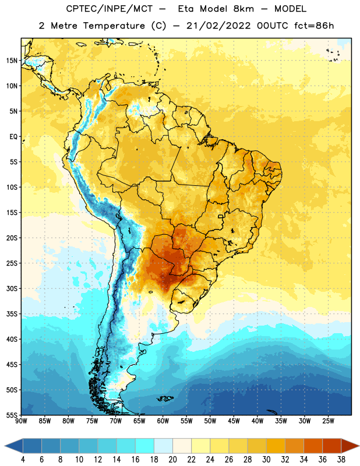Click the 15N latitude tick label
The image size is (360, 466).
click(x=12, y=61)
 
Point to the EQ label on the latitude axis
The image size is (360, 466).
click(x=13, y=137)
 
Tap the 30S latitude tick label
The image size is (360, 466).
click(x=12, y=288)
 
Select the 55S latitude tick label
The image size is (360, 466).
click(x=12, y=415)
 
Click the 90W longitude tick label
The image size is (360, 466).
click(x=21, y=421)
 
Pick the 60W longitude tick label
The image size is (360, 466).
click(x=163, y=421)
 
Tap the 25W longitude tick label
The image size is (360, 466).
click(x=328, y=421)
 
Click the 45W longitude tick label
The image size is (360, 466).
click(x=234, y=421)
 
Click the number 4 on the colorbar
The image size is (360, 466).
click(x=23, y=460)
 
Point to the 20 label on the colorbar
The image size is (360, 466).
click(x=172, y=460)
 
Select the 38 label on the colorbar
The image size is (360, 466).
click(x=341, y=460)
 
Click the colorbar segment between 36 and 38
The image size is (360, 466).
click(x=332, y=446)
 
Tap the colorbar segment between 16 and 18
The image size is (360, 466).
click(x=145, y=446)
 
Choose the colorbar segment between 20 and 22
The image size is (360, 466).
click(x=182, y=446)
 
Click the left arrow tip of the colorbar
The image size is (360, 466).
click(x=5, y=446)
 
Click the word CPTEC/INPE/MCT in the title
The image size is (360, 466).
click(x=109, y=9)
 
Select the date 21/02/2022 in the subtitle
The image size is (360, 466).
click(x=218, y=26)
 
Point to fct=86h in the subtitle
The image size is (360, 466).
click(x=314, y=26)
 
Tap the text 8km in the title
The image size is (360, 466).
click(x=243, y=9)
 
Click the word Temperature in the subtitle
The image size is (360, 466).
click(x=114, y=26)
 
